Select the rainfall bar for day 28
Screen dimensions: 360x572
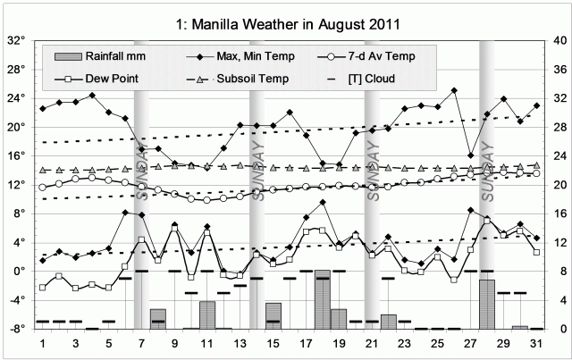click(487, 304)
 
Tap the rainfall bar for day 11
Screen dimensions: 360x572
click(207, 314)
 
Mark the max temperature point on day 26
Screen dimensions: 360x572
click(454, 90)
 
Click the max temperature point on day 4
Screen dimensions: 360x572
click(92, 95)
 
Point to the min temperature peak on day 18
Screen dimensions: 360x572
click(323, 202)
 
